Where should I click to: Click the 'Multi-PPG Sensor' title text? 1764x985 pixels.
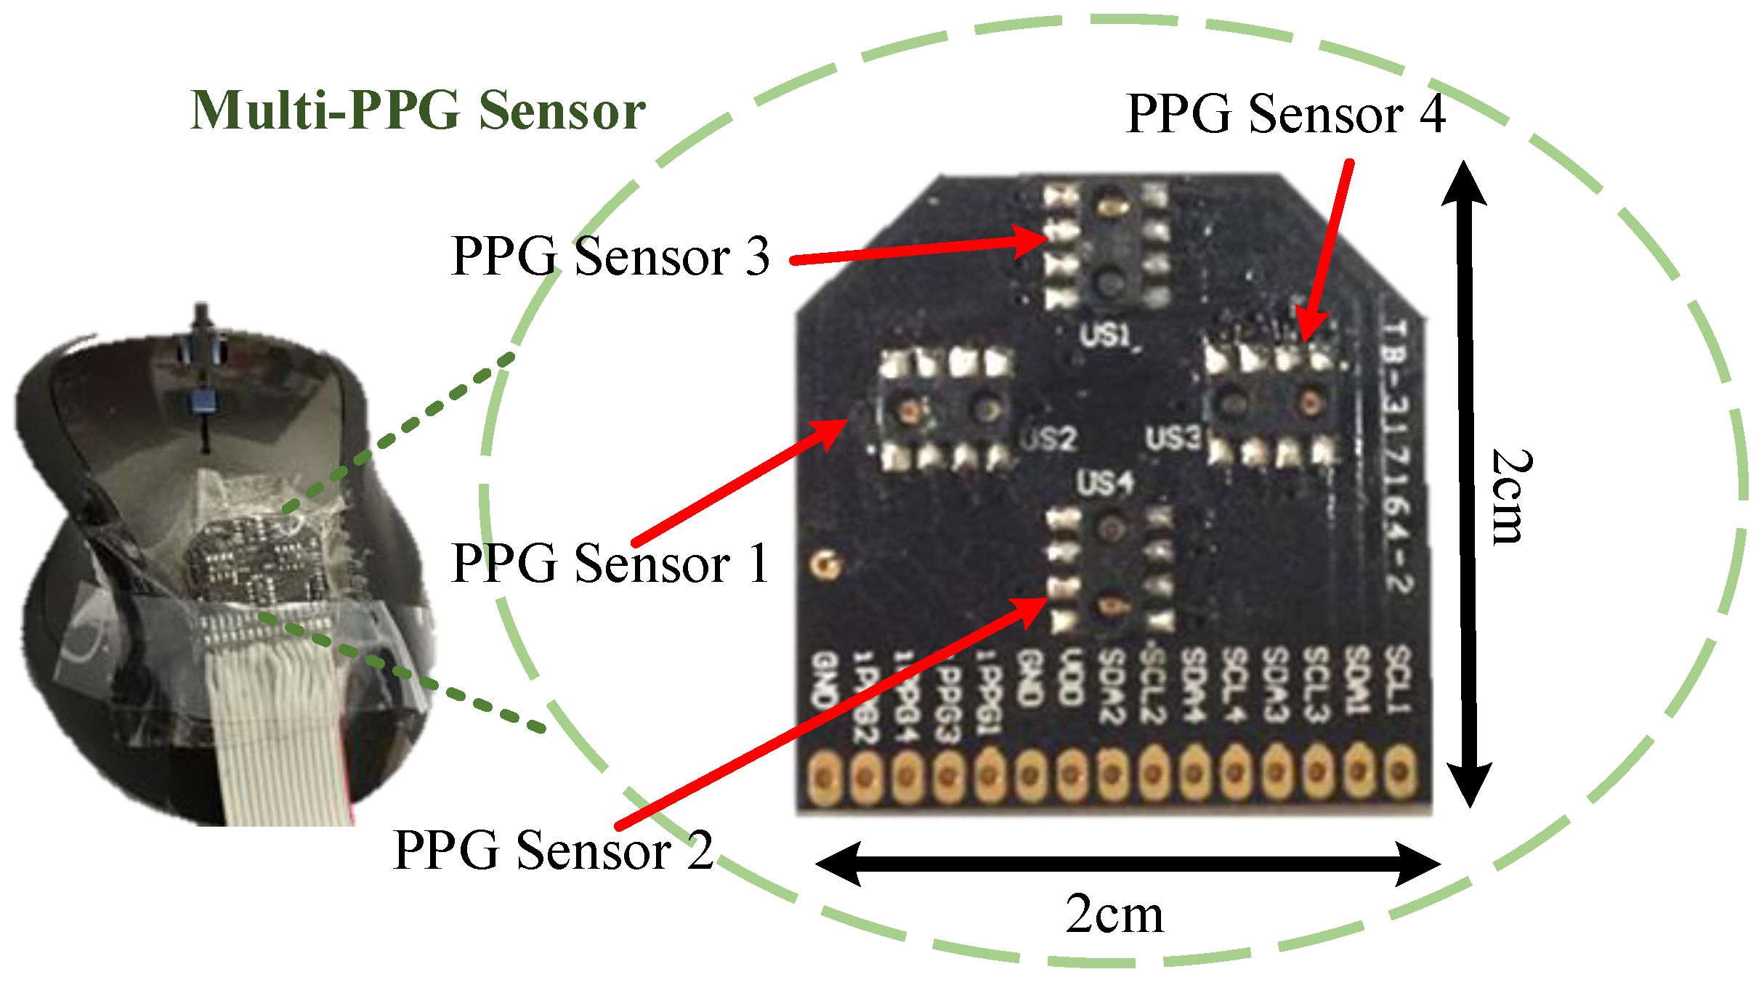click(418, 111)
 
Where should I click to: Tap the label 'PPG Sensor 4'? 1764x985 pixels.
click(1285, 114)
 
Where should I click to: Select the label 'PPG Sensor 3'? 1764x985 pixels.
click(610, 256)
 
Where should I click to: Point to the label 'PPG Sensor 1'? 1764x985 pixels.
click(610, 563)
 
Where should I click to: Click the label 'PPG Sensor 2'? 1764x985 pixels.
click(552, 849)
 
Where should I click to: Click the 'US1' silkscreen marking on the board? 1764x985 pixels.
click(1105, 335)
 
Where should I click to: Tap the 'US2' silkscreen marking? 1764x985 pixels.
click(1048, 439)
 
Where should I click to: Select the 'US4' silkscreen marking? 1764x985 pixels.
click(1105, 482)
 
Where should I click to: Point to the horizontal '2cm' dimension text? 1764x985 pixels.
click(1114, 915)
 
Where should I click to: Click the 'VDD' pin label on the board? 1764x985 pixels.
click(1069, 679)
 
